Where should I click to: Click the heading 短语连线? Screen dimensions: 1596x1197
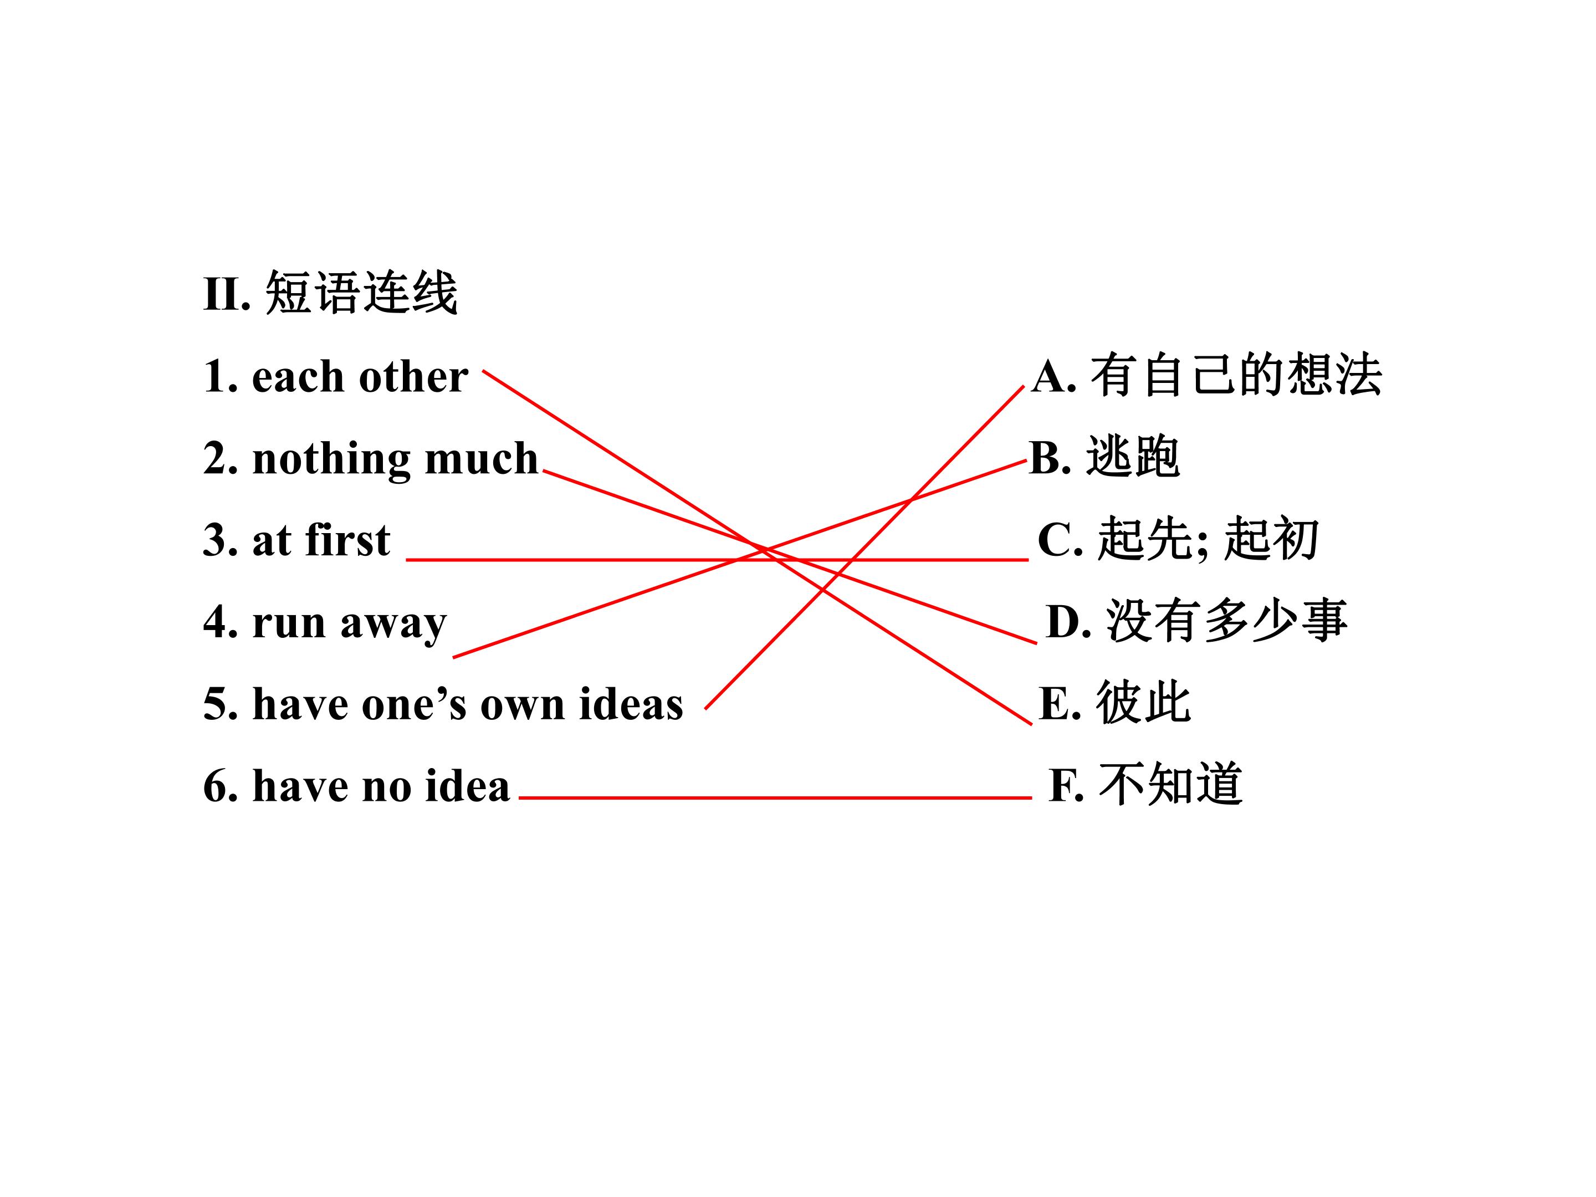361,294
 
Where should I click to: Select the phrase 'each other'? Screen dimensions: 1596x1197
360,377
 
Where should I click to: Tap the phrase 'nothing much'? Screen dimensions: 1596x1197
395,458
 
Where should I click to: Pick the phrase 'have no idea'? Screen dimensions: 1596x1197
381,785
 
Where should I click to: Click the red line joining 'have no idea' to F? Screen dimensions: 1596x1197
775,798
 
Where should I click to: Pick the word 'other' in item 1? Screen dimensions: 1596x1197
413,377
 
